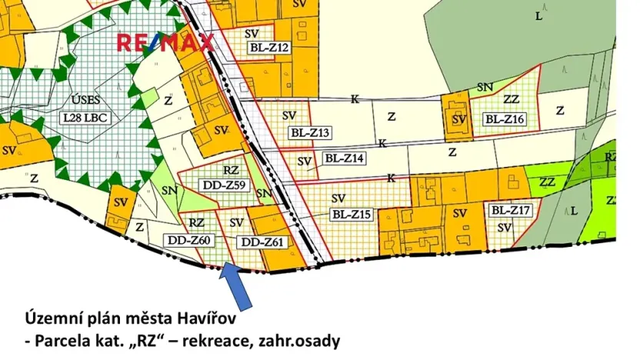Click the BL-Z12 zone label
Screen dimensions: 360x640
point(269,48)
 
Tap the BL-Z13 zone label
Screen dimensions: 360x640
point(310,133)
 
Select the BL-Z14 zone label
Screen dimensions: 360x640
point(344,158)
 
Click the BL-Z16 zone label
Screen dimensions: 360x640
point(505,118)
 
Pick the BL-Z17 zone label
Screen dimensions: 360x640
point(511,209)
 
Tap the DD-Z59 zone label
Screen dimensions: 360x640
point(225,185)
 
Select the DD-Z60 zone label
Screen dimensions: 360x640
point(188,240)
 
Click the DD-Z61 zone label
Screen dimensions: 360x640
point(263,242)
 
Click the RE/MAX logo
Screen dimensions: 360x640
point(165,43)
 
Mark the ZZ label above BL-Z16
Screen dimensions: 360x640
point(511,99)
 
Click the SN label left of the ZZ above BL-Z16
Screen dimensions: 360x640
point(485,88)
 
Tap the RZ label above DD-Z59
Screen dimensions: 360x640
point(231,170)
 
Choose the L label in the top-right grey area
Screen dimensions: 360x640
point(538,15)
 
